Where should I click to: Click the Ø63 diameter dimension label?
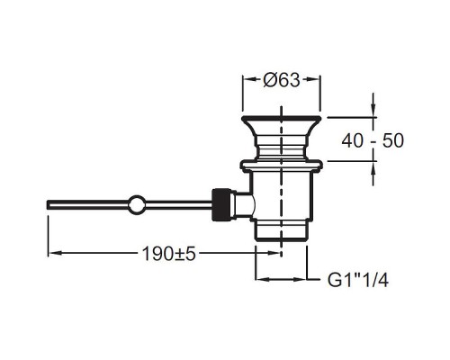pyautogui.click(x=282, y=80)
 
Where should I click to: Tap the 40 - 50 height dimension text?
pyautogui.click(x=373, y=140)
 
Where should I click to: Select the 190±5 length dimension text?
pyautogui.click(x=168, y=254)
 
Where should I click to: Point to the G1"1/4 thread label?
pyautogui.click(x=358, y=281)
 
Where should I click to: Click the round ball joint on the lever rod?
pyautogui.click(x=137, y=204)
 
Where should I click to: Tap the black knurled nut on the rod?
pyautogui.click(x=221, y=204)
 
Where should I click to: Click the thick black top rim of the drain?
pyautogui.click(x=282, y=118)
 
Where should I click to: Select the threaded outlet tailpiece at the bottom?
pyautogui.click(x=281, y=230)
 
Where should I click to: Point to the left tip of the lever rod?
pyautogui.click(x=47, y=204)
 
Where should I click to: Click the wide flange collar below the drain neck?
pyautogui.click(x=282, y=165)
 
